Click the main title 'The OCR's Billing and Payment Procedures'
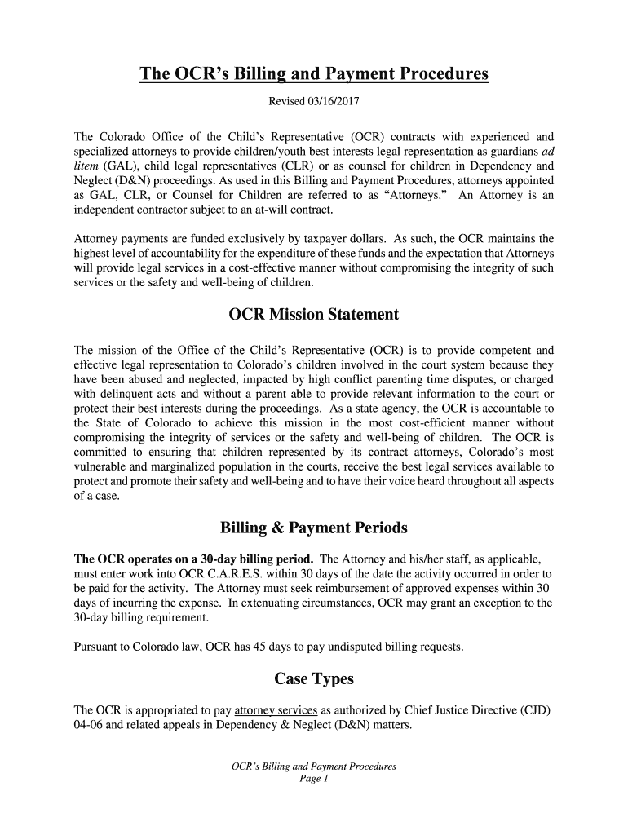[314, 75]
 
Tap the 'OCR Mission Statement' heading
[314, 315]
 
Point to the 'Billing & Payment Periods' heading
[314, 528]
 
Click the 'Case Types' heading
[314, 678]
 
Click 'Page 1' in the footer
[314, 779]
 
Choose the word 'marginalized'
[184, 466]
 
